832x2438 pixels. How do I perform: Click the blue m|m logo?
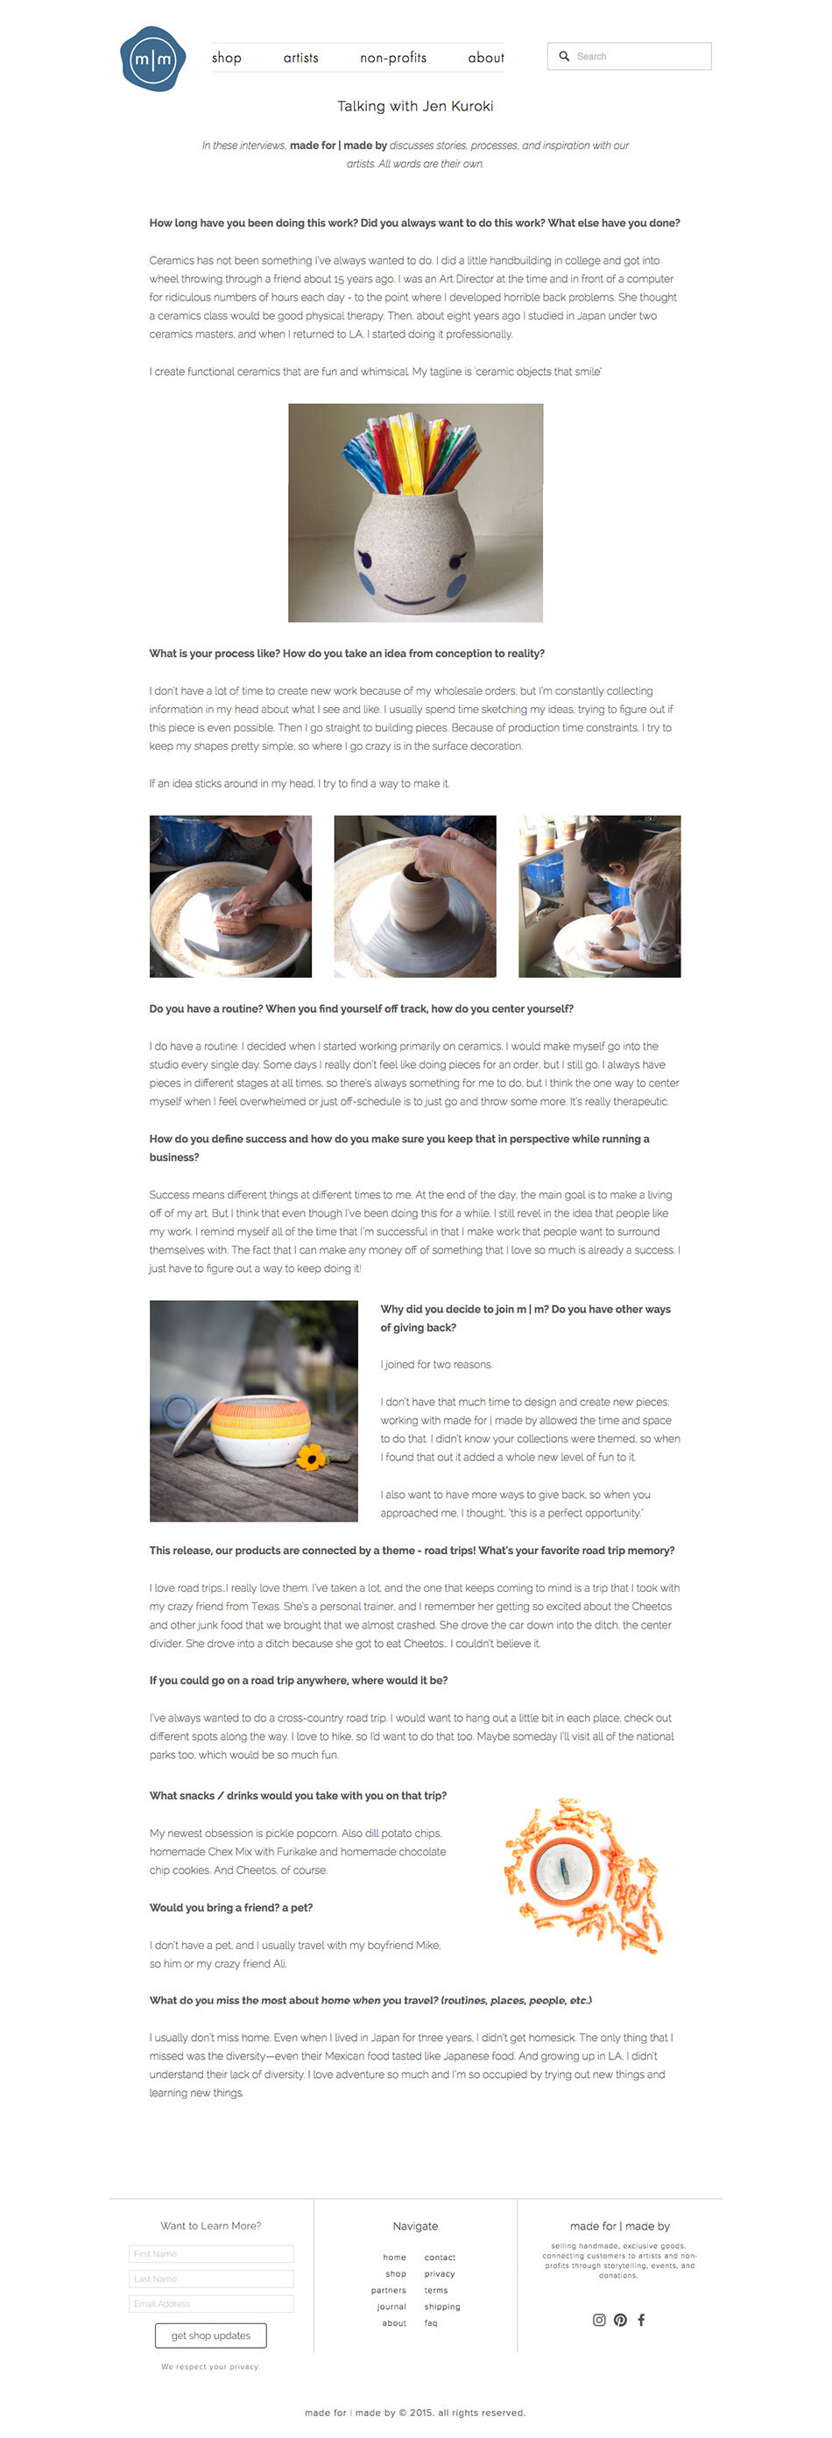152,59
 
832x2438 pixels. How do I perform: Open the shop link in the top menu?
226,58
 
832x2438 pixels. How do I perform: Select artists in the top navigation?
301,58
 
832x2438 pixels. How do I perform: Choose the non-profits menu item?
393,58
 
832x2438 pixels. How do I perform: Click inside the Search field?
630,56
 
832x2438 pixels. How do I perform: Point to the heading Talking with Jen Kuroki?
415,106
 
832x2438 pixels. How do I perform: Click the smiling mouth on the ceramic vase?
410,599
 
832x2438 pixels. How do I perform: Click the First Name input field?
211,2253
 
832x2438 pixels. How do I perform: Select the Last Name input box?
211,2278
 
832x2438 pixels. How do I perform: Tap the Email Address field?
211,2304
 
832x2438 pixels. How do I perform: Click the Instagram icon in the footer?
599,2320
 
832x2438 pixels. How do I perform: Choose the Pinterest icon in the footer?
620,2320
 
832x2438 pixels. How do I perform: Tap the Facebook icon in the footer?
641,2320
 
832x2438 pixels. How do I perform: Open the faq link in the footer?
431,2322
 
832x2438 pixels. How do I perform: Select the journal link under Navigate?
391,2307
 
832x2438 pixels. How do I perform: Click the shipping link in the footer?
442,2307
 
